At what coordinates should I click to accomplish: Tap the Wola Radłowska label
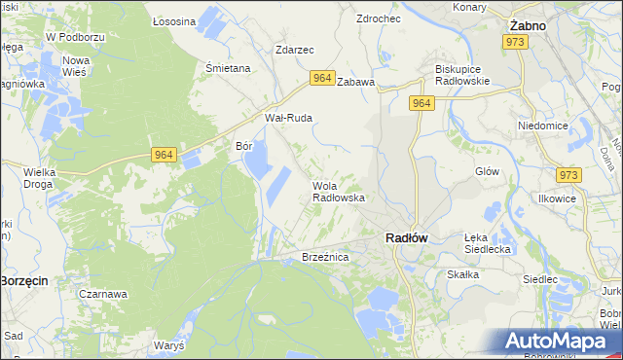pyautogui.click(x=338, y=192)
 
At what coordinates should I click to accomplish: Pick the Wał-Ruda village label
pyautogui.click(x=288, y=118)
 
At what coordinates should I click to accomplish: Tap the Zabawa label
pyautogui.click(x=355, y=83)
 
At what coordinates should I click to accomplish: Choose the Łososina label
pyautogui.click(x=174, y=20)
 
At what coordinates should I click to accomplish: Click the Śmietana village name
pyautogui.click(x=228, y=69)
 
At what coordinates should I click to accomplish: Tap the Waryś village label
pyautogui.click(x=169, y=345)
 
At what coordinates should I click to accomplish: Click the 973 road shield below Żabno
pyautogui.click(x=515, y=43)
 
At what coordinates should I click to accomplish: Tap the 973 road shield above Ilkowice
pyautogui.click(x=568, y=175)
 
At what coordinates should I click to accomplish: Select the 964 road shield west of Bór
pyautogui.click(x=164, y=154)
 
